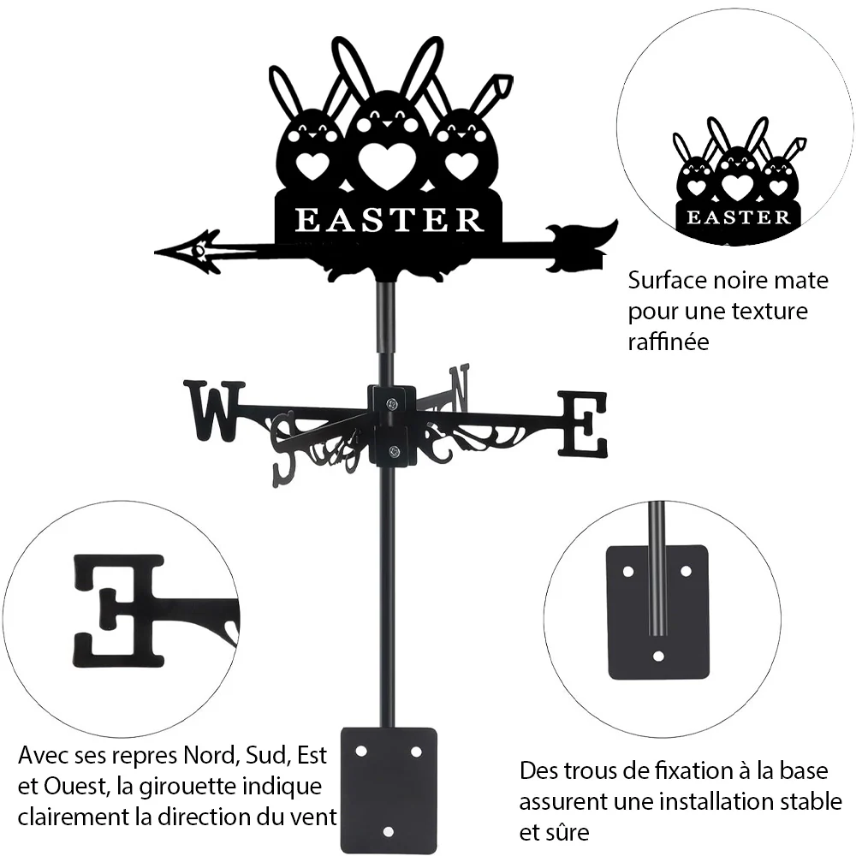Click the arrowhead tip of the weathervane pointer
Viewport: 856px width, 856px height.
pyautogui.click(x=156, y=253)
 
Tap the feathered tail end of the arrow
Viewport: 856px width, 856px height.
pyautogui.click(x=584, y=246)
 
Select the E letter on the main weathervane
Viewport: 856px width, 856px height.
pyautogui.click(x=582, y=425)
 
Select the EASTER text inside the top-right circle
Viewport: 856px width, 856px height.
pyautogui.click(x=738, y=217)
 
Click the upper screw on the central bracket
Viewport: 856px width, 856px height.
pyautogui.click(x=392, y=404)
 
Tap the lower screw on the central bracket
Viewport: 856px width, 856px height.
pyautogui.click(x=393, y=451)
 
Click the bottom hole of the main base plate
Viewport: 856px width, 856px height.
pyautogui.click(x=388, y=832)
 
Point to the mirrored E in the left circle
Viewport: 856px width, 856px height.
pyautogui.click(x=118, y=610)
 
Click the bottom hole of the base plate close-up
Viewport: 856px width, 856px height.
pyautogui.click(x=658, y=656)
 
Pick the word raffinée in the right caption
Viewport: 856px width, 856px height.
pyautogui.click(x=669, y=342)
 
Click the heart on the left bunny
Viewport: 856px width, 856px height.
pyautogui.click(x=312, y=166)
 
